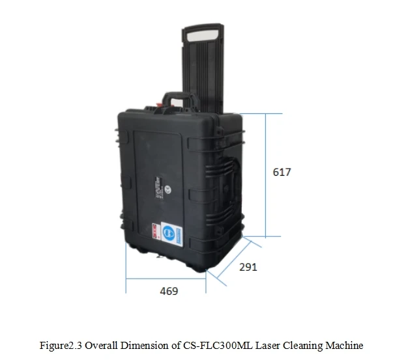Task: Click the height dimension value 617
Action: pos(282,173)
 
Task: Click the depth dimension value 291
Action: pos(248,267)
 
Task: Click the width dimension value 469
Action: pos(169,291)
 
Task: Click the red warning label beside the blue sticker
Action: pos(155,232)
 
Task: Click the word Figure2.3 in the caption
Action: pos(62,345)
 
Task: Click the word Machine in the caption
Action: pos(343,345)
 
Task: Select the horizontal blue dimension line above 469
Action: pos(166,280)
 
